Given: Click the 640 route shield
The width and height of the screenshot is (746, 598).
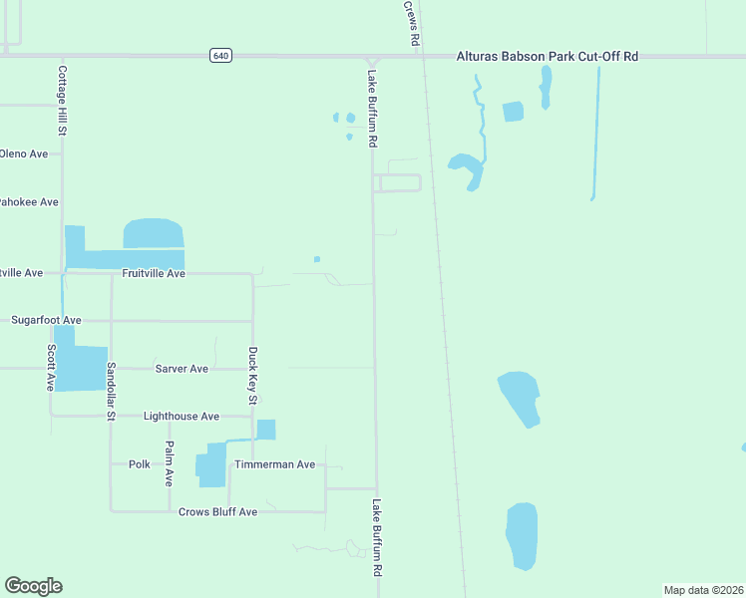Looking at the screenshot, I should point(221,56).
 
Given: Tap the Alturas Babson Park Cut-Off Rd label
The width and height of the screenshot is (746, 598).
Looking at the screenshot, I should point(547,57).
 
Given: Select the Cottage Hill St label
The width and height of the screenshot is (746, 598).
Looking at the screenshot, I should point(62,100).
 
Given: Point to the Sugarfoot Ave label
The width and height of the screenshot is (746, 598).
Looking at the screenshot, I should point(46,320).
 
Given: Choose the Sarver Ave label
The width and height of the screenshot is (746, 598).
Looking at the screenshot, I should point(182,369).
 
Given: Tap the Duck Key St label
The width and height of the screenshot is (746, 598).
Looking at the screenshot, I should point(252,376).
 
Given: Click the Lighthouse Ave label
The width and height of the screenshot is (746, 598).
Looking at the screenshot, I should point(181,416).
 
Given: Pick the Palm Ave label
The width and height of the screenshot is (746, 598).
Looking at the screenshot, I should point(170,462).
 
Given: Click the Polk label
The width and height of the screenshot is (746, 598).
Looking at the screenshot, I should point(139,464).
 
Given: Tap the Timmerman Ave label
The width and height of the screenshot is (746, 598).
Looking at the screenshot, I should point(274,464).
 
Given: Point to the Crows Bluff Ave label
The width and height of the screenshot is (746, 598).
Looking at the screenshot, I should point(217,511).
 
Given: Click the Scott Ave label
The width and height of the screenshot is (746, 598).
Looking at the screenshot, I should point(51,367).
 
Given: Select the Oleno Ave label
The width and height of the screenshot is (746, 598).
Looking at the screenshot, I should point(24,154).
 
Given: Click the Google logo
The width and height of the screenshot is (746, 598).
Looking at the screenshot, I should point(33,586).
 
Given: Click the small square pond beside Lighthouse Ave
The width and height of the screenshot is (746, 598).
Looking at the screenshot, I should point(265,430).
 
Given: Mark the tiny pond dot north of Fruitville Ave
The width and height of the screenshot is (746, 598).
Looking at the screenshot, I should point(317,259).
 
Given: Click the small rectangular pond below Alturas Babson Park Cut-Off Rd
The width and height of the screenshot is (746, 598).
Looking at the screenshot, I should point(513,112).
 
